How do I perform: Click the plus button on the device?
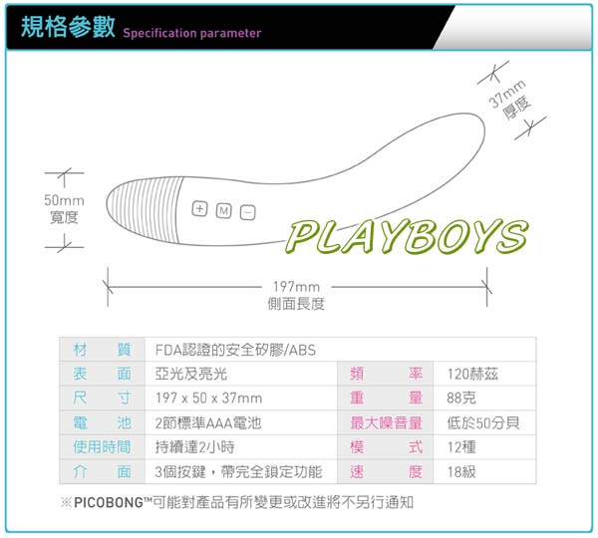click(199, 209)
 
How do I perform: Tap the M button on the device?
click(224, 211)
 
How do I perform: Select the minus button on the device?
click(247, 213)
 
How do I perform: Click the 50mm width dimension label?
click(64, 208)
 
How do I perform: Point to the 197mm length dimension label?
click(296, 295)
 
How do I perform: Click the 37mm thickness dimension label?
click(510, 100)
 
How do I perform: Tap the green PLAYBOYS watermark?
click(407, 237)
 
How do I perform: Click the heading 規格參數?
click(68, 27)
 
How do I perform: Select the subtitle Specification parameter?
click(192, 33)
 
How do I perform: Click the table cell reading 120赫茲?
click(472, 374)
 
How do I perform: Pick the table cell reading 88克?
click(461, 399)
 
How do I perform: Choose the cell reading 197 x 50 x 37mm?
click(208, 399)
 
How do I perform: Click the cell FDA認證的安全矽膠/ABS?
click(235, 350)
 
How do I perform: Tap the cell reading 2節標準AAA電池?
click(208, 422)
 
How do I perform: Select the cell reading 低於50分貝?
click(483, 422)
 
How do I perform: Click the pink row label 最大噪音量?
click(387, 422)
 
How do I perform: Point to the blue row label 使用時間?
click(102, 447)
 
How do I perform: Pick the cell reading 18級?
click(461, 471)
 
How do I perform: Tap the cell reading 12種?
click(461, 447)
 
